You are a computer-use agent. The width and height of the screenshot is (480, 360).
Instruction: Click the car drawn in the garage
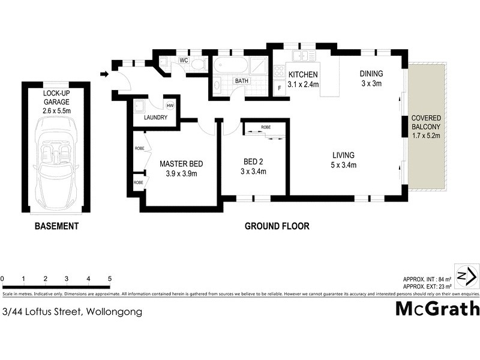pos(56,163)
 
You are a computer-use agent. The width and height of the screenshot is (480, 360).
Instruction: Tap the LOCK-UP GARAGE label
pos(56,98)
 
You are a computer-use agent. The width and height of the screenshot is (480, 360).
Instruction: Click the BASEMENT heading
pos(56,226)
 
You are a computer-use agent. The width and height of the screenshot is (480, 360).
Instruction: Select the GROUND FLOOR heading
pos(277,226)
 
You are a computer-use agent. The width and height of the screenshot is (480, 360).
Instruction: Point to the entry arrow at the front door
pos(104,74)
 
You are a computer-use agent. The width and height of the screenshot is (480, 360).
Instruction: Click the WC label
pos(184,61)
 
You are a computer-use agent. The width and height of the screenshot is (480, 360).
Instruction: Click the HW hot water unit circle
pos(170,106)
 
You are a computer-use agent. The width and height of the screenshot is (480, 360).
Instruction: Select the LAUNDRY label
pos(155,118)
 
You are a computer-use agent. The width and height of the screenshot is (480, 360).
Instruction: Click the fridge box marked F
pos(279,89)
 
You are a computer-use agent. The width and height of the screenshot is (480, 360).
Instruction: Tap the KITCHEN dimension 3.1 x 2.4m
pos(303,85)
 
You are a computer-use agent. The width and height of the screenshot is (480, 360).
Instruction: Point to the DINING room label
pos(371,74)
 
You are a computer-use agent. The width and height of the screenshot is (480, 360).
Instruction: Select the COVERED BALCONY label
pos(426,122)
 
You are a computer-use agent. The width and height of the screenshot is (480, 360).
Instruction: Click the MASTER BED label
pos(181,164)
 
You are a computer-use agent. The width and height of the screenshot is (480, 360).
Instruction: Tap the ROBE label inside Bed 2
pos(266,127)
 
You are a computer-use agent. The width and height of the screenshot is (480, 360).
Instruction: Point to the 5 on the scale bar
pos(110,278)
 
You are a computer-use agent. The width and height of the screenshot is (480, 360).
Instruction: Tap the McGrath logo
pos(437,308)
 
